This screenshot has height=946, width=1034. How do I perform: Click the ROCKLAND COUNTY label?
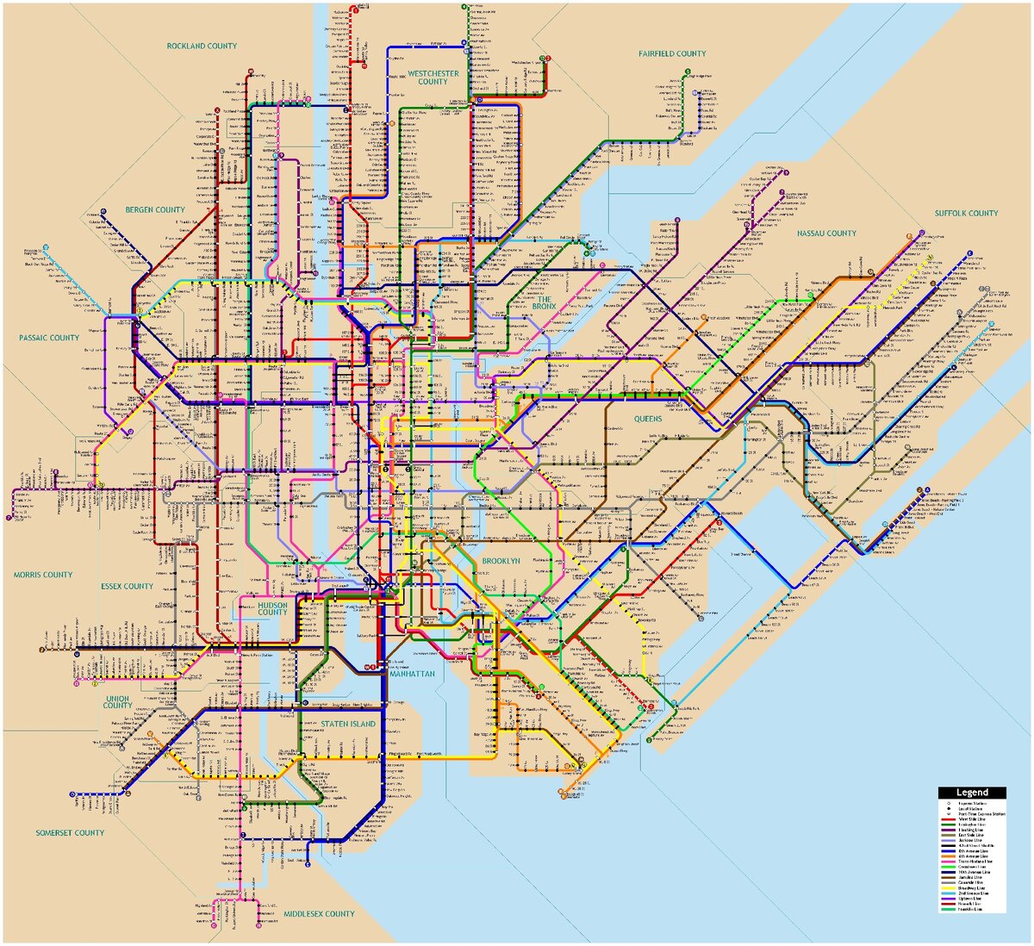point(202,46)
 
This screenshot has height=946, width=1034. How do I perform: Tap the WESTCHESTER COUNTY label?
point(433,78)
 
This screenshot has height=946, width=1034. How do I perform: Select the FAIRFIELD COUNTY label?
point(672,53)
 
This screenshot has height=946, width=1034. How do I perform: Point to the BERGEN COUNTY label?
point(155,209)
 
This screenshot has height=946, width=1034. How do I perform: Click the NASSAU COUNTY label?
point(826,233)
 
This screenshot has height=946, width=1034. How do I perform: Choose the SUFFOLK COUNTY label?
point(967,213)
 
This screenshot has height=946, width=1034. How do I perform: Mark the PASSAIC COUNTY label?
point(49,338)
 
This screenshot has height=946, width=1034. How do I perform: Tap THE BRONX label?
point(545,302)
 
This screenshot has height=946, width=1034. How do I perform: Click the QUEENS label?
point(648,419)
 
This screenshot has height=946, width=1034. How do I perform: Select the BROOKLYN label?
point(501,561)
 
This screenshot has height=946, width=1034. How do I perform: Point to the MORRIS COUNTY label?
point(43,575)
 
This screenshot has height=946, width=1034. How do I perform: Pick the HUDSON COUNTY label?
point(272,609)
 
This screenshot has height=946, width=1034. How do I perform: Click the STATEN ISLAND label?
point(349,724)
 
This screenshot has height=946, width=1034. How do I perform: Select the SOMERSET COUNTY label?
point(70,833)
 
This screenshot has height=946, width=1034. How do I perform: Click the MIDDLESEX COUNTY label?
point(319,914)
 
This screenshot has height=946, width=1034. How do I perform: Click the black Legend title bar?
point(972,793)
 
